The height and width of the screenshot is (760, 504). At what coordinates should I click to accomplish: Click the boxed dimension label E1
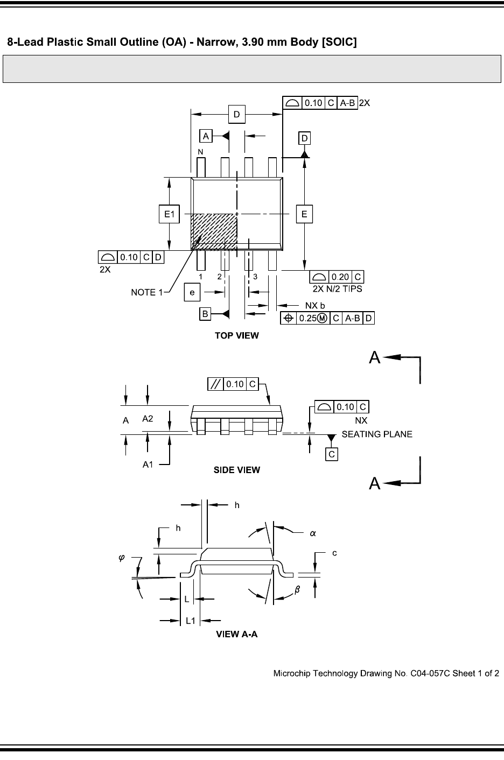coord(170,215)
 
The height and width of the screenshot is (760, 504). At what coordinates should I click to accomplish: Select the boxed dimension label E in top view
coord(304,214)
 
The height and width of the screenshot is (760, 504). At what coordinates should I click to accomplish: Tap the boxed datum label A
coord(206,136)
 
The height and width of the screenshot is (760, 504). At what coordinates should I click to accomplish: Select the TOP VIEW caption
coord(237,335)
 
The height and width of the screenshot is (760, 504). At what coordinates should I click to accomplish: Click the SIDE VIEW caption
coord(237,470)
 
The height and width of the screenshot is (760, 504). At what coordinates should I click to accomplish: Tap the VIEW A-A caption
coord(237,635)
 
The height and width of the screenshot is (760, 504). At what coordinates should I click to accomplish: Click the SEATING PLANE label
coord(377,434)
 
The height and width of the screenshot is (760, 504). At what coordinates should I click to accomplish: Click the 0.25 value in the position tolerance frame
coord(307,318)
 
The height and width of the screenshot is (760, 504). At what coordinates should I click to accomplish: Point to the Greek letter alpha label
coord(312,533)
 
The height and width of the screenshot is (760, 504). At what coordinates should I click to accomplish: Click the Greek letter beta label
coord(297,590)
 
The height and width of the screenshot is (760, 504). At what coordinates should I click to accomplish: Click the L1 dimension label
coord(191,621)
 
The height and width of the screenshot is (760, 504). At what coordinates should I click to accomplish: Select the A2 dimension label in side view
coord(148,418)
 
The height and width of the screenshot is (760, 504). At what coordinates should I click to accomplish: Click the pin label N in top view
coord(200,152)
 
